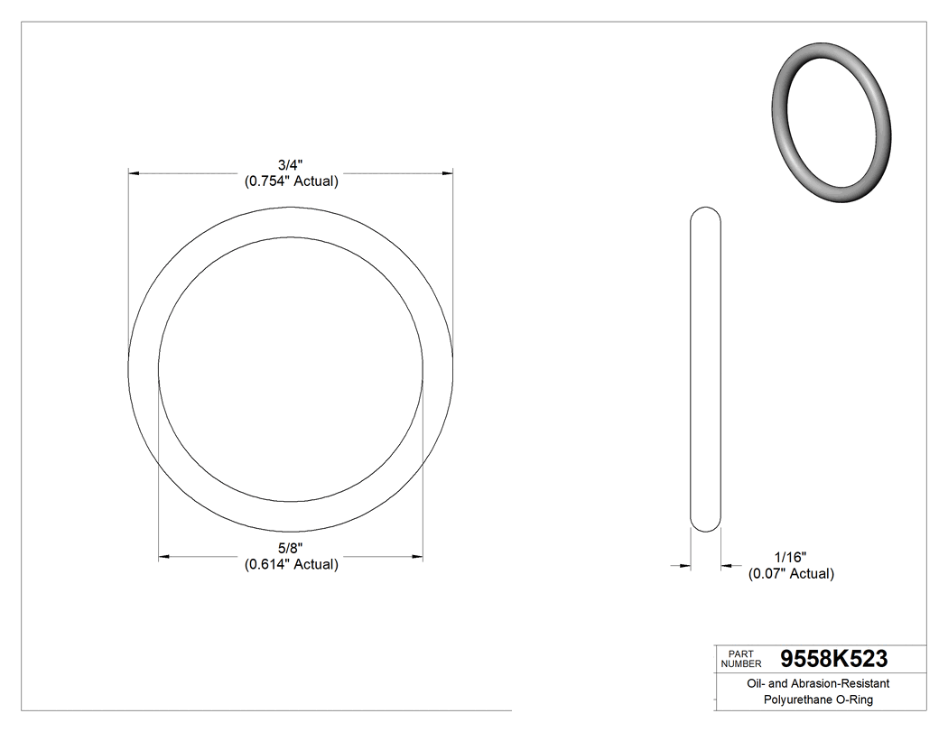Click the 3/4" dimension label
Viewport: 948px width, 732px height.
(x=291, y=165)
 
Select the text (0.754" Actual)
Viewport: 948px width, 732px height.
(x=291, y=181)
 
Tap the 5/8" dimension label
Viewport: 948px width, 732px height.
(x=291, y=549)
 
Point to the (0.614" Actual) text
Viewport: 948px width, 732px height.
(x=291, y=565)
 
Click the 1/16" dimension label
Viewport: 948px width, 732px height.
(x=790, y=558)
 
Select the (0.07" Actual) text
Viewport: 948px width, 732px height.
(x=791, y=574)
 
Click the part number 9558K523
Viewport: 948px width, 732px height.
(x=833, y=658)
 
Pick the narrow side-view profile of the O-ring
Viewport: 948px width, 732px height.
(x=705, y=370)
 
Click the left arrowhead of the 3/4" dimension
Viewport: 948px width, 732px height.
(x=134, y=171)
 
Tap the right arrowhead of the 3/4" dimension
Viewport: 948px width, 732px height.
(x=447, y=171)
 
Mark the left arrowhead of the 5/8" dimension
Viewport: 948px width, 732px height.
(x=164, y=558)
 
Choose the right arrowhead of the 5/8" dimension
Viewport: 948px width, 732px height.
(x=417, y=558)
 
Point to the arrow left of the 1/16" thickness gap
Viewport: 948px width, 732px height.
(x=684, y=566)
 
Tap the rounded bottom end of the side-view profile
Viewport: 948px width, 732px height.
(x=705, y=526)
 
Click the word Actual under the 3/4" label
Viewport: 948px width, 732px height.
(x=316, y=181)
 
